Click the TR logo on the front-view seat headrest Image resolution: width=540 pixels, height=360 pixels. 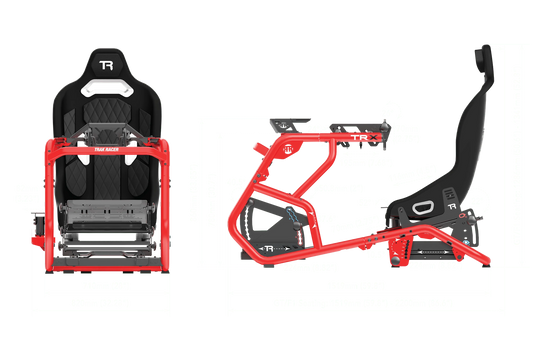tap(106, 67)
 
